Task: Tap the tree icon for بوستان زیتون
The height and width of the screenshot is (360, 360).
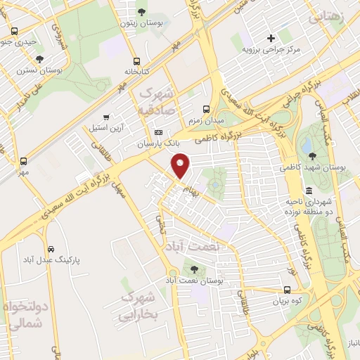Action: click(x=143, y=12)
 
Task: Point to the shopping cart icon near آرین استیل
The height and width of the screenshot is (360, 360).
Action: click(x=106, y=117)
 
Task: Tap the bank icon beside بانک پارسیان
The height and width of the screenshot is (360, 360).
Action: click(x=158, y=132)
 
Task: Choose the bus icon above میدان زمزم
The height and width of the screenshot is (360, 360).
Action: click(x=206, y=109)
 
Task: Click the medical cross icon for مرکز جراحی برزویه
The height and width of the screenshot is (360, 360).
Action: click(x=271, y=38)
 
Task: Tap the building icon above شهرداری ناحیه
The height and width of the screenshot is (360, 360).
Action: click(x=309, y=191)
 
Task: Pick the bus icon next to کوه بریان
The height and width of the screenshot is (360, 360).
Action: click(x=287, y=290)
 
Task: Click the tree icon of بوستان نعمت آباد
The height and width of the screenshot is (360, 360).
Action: click(x=194, y=269)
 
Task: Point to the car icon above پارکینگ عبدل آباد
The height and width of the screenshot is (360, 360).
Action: click(x=51, y=249)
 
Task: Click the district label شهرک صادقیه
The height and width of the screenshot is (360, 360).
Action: click(x=156, y=101)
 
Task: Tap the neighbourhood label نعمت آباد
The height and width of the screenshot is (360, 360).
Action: click(x=200, y=247)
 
